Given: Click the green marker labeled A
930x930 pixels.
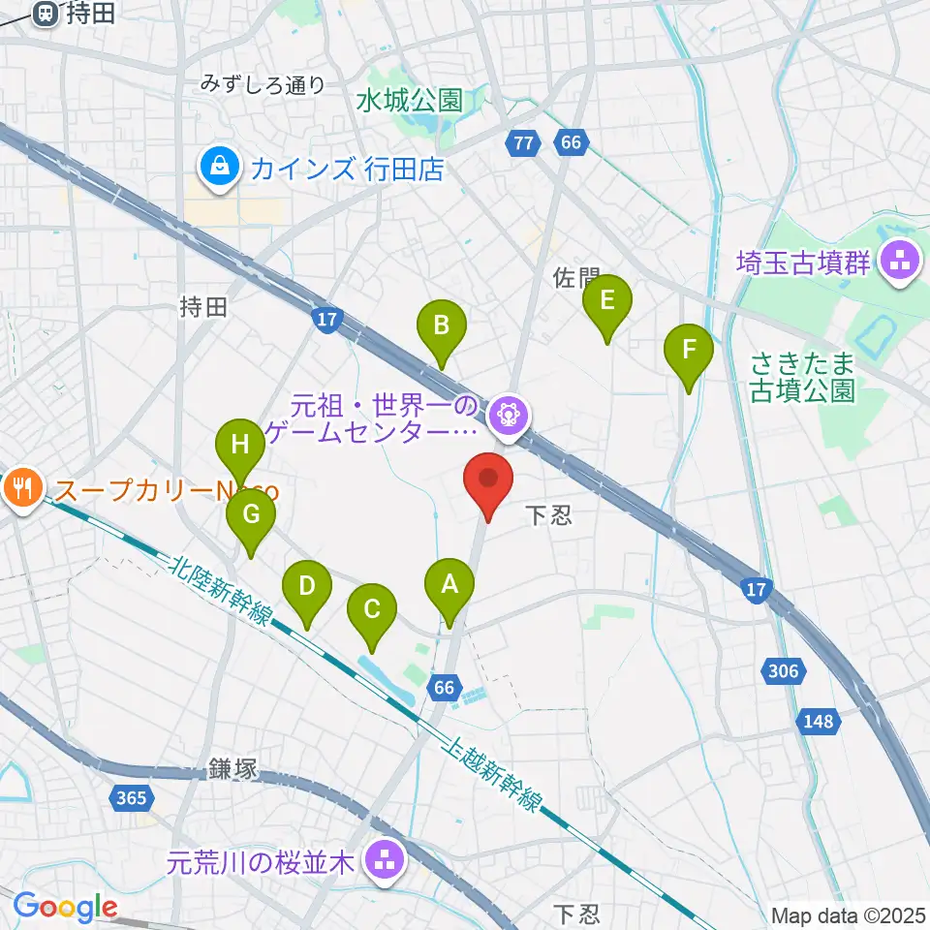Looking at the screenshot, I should [x=449, y=585].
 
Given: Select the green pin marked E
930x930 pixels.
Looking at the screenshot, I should [x=606, y=300].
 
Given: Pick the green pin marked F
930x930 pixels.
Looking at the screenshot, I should [x=689, y=350].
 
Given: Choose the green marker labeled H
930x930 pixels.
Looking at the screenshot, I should [x=239, y=446].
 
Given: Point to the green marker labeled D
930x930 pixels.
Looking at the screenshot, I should [x=306, y=587].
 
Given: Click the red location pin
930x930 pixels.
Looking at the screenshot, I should [x=488, y=480].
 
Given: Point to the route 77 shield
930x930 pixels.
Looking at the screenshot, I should [x=522, y=143].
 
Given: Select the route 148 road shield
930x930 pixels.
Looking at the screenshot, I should [x=816, y=721].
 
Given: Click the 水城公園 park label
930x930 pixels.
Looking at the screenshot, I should [x=409, y=100].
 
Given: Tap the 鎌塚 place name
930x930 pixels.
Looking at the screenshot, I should [x=232, y=770].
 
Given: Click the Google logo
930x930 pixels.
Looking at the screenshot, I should [x=65, y=907].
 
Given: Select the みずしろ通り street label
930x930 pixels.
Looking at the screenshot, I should [x=263, y=85].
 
